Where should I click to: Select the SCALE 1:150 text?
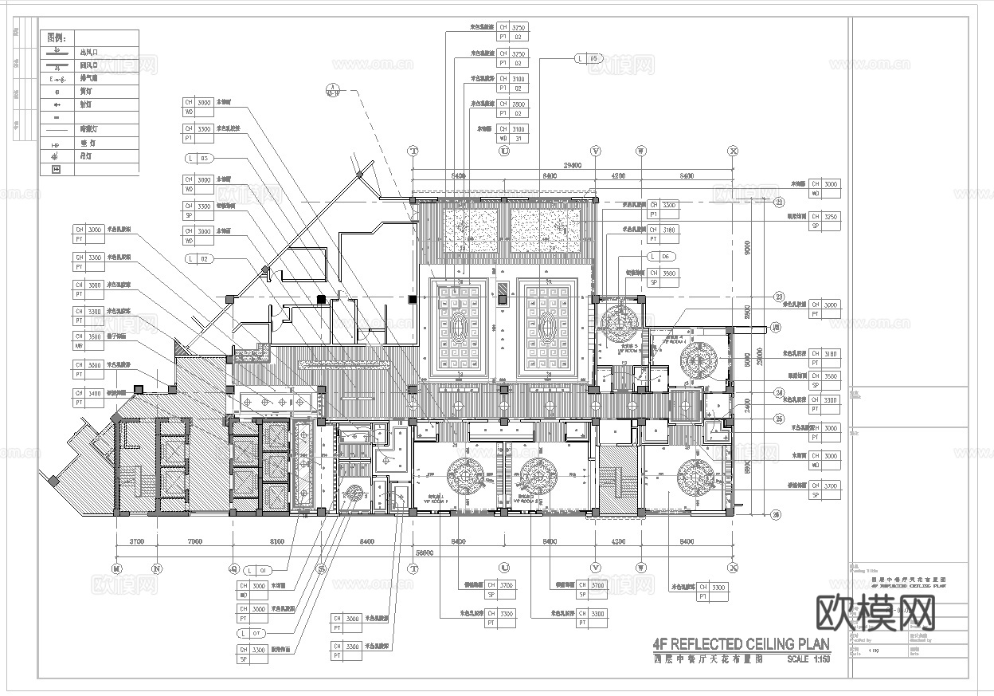tap(808, 659)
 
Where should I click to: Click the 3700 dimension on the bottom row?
tap(135, 542)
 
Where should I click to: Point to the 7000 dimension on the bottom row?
tap(194, 542)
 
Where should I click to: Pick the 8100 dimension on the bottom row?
tap(276, 542)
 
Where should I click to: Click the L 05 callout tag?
tap(589, 58)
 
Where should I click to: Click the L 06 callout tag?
tap(662, 256)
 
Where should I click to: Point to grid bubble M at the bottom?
tap(116, 568)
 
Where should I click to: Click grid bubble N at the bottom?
tap(157, 568)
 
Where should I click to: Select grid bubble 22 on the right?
tap(779, 202)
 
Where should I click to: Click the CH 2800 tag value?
tap(518, 104)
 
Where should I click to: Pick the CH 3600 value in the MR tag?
tap(94, 336)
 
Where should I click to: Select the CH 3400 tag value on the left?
tap(94, 393)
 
